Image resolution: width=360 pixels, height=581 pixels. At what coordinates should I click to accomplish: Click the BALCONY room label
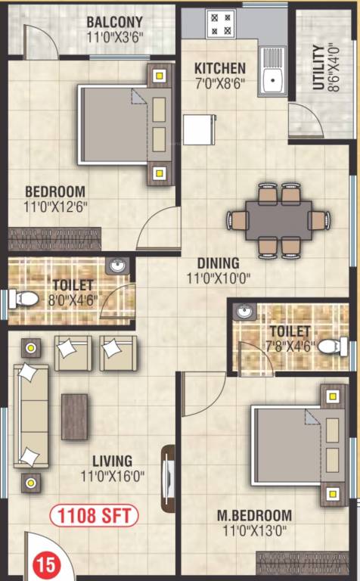pos(116,22)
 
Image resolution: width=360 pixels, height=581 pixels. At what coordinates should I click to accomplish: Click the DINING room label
pos(219,263)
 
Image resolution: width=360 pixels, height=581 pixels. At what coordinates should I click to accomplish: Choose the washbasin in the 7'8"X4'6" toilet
pos(242,312)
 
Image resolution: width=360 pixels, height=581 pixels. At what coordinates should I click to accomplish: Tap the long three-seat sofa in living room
pos(30,415)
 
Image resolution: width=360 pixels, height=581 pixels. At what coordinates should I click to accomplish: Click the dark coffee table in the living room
pos(75,416)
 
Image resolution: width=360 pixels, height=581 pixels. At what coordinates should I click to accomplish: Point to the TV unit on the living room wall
pos(168,477)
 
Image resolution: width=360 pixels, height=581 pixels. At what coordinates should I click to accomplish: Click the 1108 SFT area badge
pos(95,517)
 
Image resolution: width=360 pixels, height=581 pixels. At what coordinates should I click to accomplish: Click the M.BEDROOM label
pos(254,516)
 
